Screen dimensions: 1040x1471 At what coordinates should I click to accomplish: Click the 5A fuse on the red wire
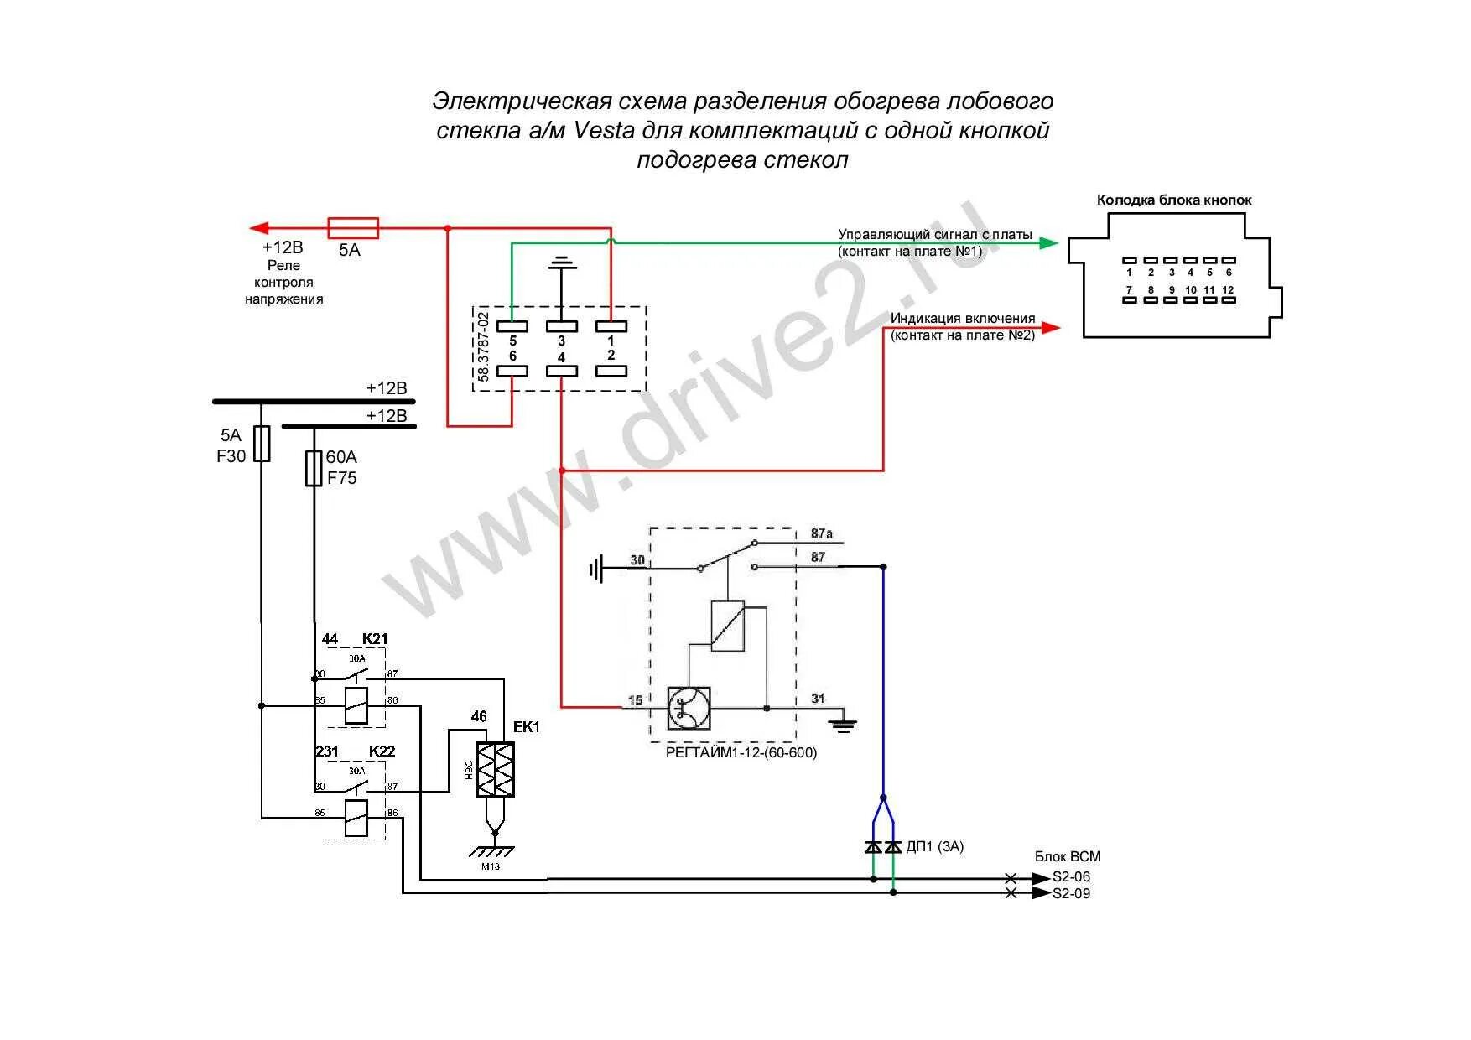pos(352,228)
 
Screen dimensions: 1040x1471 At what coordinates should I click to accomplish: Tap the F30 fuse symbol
pos(262,443)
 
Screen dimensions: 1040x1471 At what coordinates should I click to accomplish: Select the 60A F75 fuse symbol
pos(314,468)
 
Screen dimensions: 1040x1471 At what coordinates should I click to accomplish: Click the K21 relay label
pos(375,639)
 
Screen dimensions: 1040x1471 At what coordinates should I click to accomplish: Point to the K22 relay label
pos(382,751)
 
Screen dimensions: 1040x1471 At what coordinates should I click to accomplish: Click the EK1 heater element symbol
pos(495,769)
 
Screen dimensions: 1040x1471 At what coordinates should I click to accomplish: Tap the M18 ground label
pos(491,866)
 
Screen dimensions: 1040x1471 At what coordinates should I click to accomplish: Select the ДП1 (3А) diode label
pos(934,847)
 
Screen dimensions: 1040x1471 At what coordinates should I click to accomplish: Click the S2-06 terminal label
pos(1072,877)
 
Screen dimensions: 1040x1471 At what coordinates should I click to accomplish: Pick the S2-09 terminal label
pos(1072,894)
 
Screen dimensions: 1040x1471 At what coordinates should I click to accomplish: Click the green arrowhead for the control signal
pos(1049,243)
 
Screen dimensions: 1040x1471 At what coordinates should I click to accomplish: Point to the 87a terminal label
pos(821,534)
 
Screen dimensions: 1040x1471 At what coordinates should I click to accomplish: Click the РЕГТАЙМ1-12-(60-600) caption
pos(741,752)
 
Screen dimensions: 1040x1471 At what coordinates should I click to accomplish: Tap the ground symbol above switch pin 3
pos(561,264)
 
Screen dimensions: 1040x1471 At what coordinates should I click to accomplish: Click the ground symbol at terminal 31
pos(843,724)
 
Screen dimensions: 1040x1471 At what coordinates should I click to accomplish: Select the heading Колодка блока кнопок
pos(1173,200)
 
